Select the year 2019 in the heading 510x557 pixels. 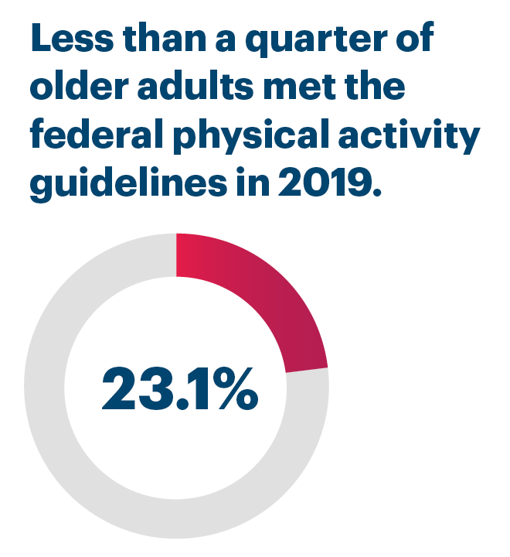point(325,184)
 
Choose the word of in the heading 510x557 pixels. point(409,39)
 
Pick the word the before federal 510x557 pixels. point(374,87)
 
